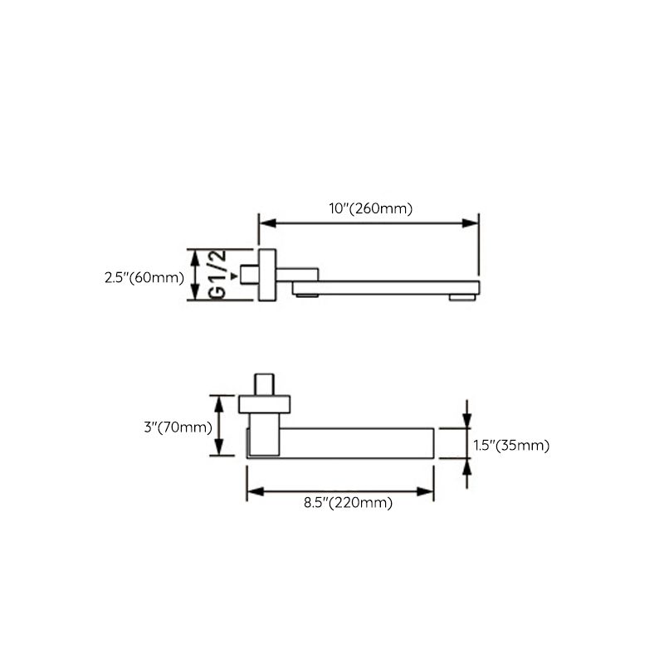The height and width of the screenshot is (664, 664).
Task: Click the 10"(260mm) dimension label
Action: pos(370,208)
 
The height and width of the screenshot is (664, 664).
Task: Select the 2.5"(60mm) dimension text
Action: pos(144,277)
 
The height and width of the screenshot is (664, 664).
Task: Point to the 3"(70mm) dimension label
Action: pos(178,427)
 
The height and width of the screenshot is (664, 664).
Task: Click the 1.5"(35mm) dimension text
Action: pos(511,446)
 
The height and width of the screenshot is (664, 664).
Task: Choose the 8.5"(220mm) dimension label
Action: pos(344,502)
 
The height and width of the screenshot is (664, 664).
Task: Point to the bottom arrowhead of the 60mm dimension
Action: pos(197,293)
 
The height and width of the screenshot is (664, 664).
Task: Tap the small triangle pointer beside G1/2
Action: pos(234,275)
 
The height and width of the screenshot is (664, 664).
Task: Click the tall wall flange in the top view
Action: pos(267,274)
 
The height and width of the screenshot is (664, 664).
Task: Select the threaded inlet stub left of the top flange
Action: pos(248,274)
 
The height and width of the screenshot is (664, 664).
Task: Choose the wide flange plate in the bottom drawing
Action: pos(265,405)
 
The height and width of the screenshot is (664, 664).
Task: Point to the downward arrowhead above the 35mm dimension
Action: pos(467,420)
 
